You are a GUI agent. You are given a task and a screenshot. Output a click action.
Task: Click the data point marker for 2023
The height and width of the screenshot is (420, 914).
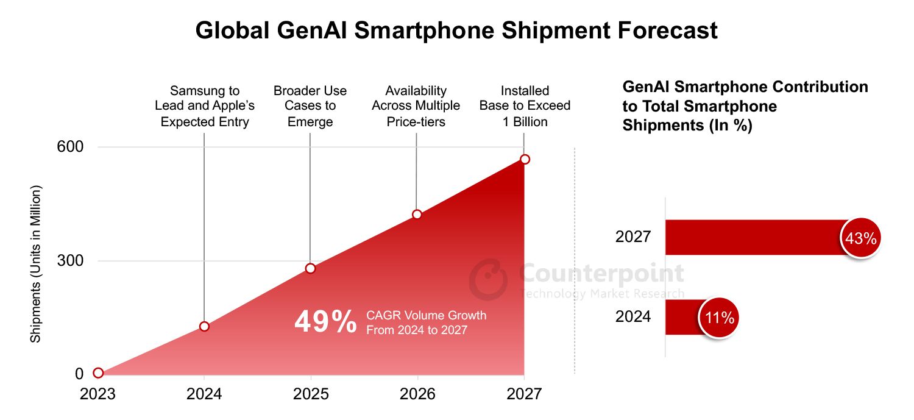(98, 373)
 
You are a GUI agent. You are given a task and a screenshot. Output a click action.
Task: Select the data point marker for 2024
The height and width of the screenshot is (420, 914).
(204, 326)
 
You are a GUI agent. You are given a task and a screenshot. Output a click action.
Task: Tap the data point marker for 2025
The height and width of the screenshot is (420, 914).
(310, 268)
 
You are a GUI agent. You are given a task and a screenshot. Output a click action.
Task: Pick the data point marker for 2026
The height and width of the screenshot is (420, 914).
(417, 214)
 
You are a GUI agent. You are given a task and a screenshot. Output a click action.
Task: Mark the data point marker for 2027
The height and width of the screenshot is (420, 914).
(525, 159)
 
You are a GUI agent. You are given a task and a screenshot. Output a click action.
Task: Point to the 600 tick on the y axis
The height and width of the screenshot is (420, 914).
(71, 147)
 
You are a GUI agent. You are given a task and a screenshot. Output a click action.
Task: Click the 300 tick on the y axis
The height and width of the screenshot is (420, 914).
(71, 261)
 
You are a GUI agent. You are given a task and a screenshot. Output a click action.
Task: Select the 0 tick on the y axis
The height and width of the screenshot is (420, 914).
(79, 374)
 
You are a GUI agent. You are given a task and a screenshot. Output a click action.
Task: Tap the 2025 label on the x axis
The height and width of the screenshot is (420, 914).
(311, 394)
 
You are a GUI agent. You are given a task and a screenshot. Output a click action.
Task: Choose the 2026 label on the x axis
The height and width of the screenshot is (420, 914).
(417, 394)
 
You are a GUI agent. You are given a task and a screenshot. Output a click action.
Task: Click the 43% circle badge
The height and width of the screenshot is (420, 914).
(860, 238)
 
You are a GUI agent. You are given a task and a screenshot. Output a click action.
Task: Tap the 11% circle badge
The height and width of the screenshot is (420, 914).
(718, 318)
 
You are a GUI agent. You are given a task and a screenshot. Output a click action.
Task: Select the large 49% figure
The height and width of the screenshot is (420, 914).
(325, 322)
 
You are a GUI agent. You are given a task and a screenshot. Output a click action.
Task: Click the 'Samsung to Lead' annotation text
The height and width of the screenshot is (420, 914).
(205, 106)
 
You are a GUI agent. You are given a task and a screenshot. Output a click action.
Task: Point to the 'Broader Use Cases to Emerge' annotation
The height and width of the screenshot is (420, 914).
(310, 106)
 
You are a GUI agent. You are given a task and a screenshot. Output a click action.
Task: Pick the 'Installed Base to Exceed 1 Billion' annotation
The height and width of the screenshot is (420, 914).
(525, 106)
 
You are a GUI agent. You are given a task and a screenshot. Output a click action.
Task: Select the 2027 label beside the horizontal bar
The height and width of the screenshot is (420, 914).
(633, 237)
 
